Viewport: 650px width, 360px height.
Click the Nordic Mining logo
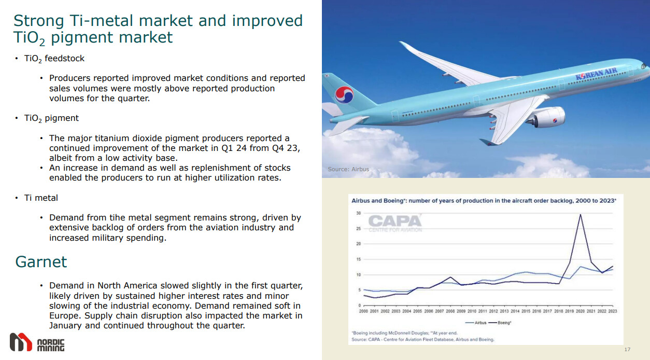coord(37,342)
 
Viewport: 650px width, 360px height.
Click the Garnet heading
coord(41,262)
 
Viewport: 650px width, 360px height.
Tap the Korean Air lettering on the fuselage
coord(596,73)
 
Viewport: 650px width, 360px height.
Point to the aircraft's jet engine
coord(545,117)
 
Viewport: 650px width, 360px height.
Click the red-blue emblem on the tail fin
coord(345,95)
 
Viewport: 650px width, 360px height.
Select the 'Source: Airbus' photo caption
coord(348,169)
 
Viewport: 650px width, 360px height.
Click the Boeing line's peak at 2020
coord(580,215)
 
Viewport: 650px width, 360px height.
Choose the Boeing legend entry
coord(500,323)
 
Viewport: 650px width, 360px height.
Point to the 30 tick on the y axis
coord(358,213)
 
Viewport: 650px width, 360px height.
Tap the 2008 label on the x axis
coord(450,311)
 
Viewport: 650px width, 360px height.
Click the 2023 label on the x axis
coord(612,311)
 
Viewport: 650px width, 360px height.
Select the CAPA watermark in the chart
coord(395,223)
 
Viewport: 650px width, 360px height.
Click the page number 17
coord(627,350)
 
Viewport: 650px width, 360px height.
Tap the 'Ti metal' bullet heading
coord(41,198)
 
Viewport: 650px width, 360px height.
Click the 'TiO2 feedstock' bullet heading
coord(54,59)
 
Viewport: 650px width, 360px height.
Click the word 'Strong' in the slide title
coord(38,21)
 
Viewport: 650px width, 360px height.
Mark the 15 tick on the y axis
coord(358,259)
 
